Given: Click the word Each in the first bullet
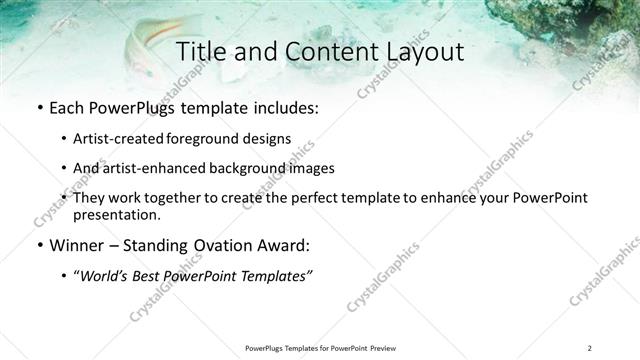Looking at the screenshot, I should tap(67, 106).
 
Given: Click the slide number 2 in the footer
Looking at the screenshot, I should tap(590, 348).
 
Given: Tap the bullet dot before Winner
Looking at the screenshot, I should tap(38, 246).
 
